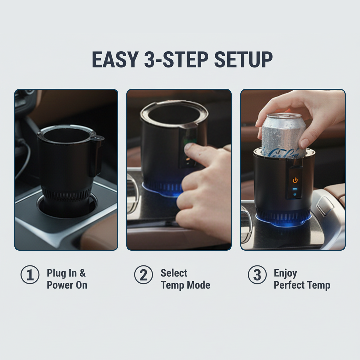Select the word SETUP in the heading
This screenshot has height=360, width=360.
tap(243, 60)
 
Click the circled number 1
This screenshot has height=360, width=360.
tap(30, 275)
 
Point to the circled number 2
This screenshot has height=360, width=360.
tap(143, 275)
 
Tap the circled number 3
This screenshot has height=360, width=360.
tap(257, 275)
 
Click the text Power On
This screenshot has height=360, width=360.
tap(67, 285)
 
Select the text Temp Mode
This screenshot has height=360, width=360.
tap(185, 285)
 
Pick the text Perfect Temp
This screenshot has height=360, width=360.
tap(302, 285)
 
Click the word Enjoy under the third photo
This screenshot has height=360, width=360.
tap(285, 273)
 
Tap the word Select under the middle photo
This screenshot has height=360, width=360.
tap(174, 273)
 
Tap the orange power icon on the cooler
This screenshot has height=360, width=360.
tap(295, 180)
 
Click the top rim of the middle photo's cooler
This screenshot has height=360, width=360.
tap(173, 103)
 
